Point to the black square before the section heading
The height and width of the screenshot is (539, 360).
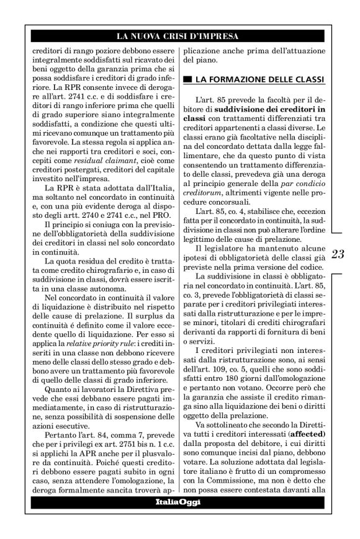(187, 81)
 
